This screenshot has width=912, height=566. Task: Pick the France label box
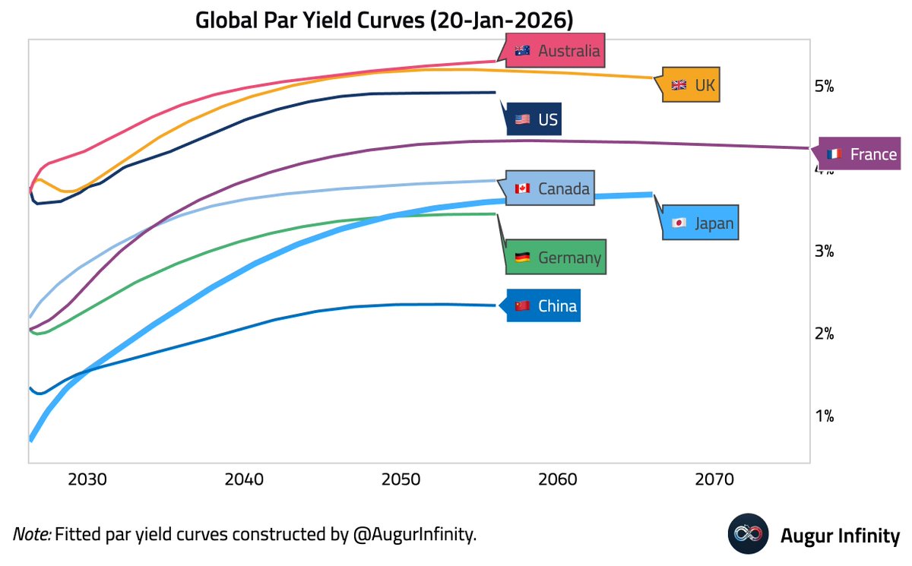862,154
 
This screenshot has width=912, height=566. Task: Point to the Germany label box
557,258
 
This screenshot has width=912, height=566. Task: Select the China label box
545,306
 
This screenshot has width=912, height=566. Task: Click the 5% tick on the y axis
824,86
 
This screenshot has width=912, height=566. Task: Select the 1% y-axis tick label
824,416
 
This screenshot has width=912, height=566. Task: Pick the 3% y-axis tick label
824,251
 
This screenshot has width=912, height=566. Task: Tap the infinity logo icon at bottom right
748,534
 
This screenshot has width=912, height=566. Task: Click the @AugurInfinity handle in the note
413,534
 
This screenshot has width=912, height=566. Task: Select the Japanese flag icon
679,223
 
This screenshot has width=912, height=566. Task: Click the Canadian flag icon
522,188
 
